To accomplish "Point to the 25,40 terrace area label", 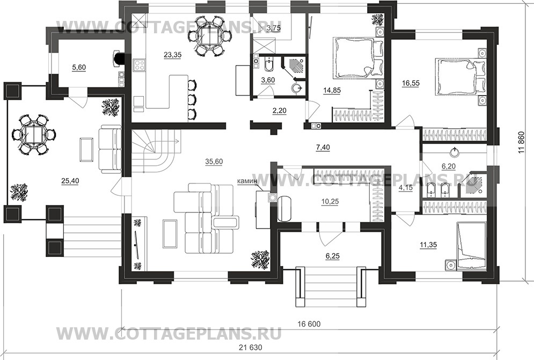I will [70, 181].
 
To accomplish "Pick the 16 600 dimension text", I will [308, 324].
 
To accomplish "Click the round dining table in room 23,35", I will [210, 36].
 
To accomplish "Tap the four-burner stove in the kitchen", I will [140, 65].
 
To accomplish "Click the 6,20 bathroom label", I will [449, 167].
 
